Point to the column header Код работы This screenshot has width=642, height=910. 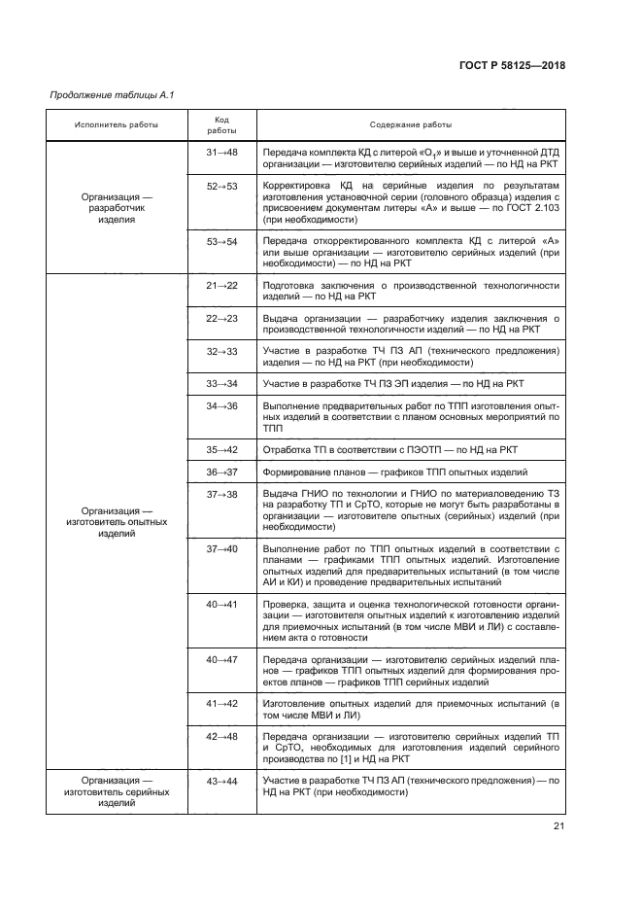point(221,124)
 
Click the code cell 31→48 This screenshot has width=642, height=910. point(221,153)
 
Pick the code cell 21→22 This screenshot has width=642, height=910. point(221,285)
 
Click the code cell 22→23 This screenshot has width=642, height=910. point(221,318)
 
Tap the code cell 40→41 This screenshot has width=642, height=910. point(221,604)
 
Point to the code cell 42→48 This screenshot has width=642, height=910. point(221,737)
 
